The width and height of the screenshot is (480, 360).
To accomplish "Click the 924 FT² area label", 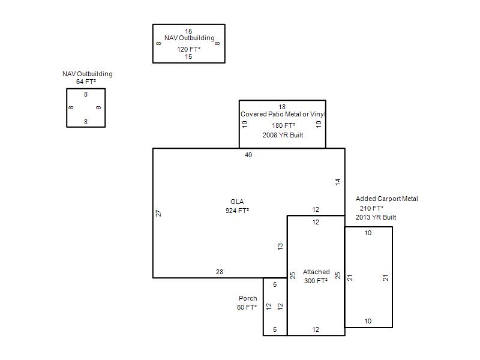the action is click(237, 211).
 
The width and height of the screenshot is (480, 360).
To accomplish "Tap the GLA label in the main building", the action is click(237, 202).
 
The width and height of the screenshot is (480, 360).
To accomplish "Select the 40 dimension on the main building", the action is click(248, 155).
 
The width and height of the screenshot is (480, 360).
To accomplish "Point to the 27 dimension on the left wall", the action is click(158, 214).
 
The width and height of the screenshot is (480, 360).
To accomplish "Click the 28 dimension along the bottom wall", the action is click(220, 272).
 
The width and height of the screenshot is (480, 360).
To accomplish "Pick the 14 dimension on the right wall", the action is click(338, 182).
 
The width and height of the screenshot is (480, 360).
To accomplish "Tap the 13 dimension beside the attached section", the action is click(280, 247).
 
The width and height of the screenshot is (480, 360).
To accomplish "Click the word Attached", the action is click(316, 272).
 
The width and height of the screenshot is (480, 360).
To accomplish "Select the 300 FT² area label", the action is click(316, 281).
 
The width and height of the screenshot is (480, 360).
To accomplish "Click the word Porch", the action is click(248, 298).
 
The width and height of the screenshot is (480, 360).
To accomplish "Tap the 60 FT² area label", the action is click(247, 307).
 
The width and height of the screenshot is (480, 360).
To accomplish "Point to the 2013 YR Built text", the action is click(376, 217).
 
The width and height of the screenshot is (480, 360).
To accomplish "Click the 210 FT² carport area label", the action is click(371, 208).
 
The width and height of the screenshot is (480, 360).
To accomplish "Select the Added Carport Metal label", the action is click(386, 199).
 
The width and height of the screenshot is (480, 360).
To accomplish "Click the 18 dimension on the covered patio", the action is click(282, 107).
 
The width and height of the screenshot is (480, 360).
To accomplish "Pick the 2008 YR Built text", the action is click(283, 135).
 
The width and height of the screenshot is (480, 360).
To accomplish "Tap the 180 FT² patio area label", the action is click(284, 125).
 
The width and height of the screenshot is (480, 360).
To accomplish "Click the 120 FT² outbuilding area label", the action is click(189, 49).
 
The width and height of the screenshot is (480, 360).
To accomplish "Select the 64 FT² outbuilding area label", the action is click(86, 82).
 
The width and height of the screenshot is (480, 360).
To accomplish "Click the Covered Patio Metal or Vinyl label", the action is click(283, 114).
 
